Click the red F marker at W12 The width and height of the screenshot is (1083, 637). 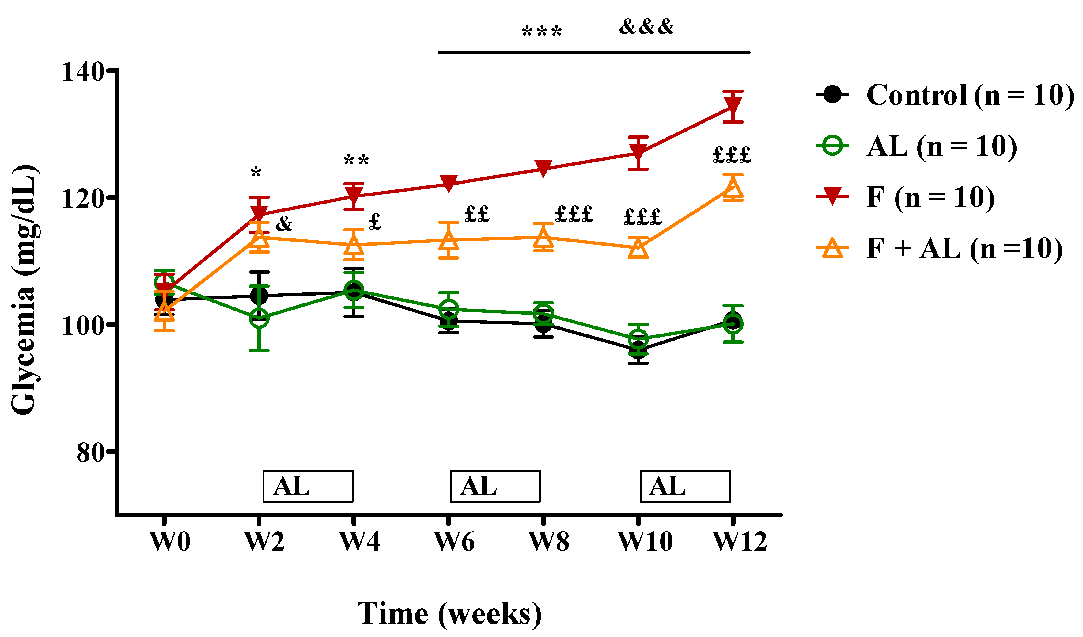[733, 106]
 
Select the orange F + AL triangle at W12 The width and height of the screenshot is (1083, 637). [733, 188]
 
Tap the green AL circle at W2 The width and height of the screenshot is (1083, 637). [259, 318]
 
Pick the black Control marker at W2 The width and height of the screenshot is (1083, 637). [259, 296]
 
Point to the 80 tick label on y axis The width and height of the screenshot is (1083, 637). [90, 453]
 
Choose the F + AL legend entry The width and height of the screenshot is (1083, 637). [941, 249]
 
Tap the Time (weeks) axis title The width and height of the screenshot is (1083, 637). [449, 614]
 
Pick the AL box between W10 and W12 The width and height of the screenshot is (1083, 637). [685, 486]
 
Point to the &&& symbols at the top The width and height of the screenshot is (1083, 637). [646, 27]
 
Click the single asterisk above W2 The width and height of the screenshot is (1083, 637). [256, 173]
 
